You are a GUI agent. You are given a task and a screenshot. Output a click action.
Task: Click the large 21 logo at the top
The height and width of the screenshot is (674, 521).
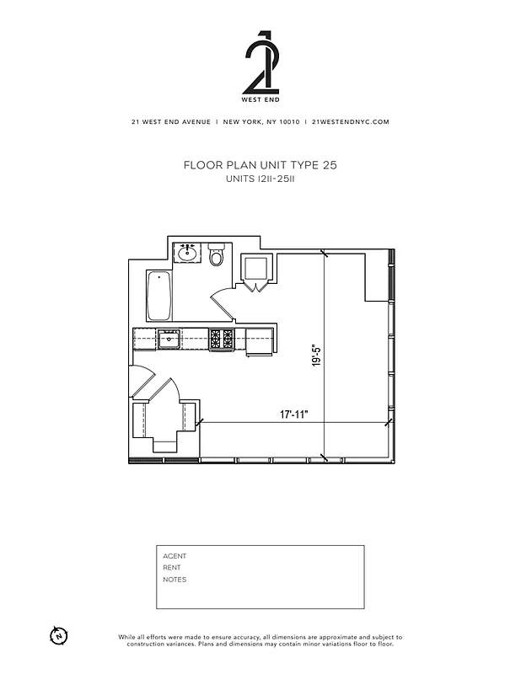tap(260, 64)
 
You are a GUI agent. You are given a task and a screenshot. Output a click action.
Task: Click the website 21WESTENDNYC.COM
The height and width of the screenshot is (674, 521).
tap(350, 121)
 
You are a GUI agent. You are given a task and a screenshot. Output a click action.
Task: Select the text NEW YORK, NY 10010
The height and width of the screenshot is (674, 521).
tap(260, 121)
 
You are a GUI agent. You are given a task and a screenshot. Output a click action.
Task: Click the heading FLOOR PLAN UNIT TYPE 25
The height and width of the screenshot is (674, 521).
tap(260, 166)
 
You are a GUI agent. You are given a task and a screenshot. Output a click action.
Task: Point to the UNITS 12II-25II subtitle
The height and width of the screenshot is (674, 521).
tap(260, 180)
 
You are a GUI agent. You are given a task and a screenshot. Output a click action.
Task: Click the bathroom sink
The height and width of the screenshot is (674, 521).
tap(186, 252)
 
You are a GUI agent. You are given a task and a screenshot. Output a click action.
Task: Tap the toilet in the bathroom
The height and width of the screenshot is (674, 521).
tap(217, 254)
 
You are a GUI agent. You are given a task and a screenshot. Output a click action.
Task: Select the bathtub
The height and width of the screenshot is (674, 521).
tap(159, 296)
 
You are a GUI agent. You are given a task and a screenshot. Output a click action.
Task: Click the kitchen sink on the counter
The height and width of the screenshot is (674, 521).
tap(169, 339)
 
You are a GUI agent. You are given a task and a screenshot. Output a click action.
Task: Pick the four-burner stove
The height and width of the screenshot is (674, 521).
tap(222, 339)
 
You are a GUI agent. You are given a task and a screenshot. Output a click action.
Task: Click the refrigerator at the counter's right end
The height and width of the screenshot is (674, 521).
tap(260, 341)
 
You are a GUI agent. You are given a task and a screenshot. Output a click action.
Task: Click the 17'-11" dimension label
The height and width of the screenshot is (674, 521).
tap(294, 415)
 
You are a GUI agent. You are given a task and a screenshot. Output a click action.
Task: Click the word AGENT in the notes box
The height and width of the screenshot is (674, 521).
tap(175, 556)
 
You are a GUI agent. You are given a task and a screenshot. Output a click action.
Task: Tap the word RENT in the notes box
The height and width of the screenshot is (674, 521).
tap(172, 568)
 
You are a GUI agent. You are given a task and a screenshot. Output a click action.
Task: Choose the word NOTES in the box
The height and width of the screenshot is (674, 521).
tap(175, 580)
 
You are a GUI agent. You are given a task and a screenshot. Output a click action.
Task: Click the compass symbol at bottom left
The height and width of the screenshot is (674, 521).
tap(58, 634)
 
